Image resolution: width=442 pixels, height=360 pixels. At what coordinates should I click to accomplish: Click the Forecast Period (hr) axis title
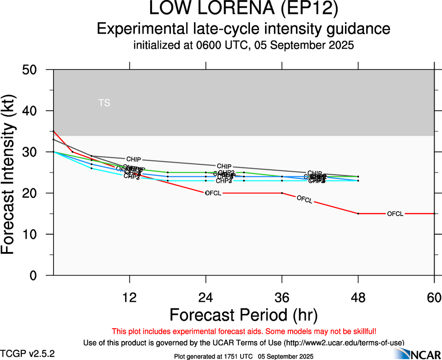pyautogui.click(x=243, y=315)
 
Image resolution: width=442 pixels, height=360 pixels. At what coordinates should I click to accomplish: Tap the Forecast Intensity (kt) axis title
pyautogui.click(x=11, y=172)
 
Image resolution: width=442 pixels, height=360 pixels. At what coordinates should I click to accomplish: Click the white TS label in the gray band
pyautogui.click(x=104, y=103)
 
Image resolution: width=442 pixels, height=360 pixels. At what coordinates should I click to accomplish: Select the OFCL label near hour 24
pyautogui.click(x=213, y=193)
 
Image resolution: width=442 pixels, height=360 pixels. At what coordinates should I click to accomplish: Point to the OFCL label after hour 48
pyautogui.click(x=395, y=214)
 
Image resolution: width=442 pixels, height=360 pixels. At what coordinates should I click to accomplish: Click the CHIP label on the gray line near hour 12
pyautogui.click(x=133, y=159)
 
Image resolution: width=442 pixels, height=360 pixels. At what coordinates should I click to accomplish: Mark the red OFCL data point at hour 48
pyautogui.click(x=358, y=214)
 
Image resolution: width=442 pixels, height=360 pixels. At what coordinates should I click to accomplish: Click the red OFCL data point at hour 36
pyautogui.click(x=282, y=193)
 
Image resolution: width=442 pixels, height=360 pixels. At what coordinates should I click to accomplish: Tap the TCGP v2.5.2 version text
pyautogui.click(x=28, y=354)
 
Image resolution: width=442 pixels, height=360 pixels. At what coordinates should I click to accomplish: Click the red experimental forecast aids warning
pyautogui.click(x=243, y=331)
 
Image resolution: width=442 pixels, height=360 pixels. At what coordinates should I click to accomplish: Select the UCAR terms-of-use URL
pyautogui.click(x=344, y=342)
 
